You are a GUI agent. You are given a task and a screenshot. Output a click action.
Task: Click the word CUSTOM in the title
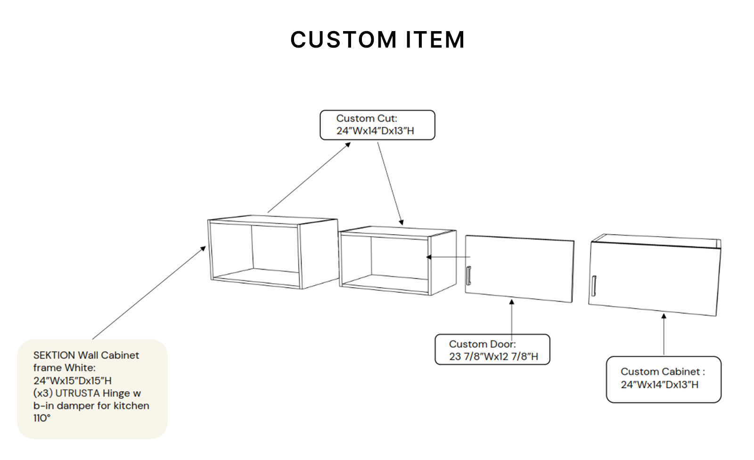(344, 40)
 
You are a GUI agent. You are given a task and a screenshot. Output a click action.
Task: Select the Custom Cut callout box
(377, 125)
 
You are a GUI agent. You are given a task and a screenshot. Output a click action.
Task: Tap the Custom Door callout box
(492, 350)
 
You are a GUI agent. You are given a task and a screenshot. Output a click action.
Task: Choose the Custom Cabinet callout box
(663, 379)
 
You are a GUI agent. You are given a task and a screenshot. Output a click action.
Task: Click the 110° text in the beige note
(42, 418)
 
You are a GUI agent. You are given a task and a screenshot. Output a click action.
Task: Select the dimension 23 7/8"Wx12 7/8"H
(493, 357)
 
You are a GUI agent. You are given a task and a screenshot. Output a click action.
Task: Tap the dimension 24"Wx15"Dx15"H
(72, 380)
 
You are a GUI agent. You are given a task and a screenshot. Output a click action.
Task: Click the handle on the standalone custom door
(468, 275)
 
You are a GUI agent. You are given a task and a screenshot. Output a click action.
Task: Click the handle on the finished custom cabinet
(594, 286)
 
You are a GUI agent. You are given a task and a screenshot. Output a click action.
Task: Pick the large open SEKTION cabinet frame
(272, 253)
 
